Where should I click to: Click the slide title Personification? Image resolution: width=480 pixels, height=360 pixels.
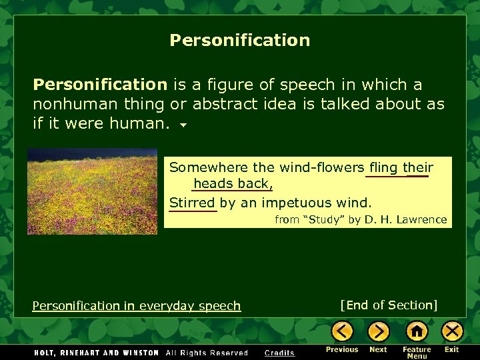pos(239,41)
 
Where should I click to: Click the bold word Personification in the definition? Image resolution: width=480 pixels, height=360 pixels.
pos(100,85)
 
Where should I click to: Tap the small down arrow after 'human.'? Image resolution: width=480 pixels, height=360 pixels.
pos(183,125)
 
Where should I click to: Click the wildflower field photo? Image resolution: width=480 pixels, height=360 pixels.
pos(92,191)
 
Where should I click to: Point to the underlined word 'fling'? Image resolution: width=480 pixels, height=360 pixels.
pos(383,167)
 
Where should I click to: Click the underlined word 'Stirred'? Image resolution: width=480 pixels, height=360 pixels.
pos(192,203)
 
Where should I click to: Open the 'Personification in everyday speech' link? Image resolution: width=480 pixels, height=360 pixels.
pos(136,306)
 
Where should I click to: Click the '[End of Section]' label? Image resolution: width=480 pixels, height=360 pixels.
pos(389,305)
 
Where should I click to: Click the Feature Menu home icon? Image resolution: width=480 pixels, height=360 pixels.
pos(417,331)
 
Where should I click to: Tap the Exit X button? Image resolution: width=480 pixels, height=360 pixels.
pos(452,331)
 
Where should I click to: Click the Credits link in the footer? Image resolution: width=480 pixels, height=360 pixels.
pos(279,353)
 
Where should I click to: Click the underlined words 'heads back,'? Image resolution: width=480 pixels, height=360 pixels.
pos(233,183)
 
